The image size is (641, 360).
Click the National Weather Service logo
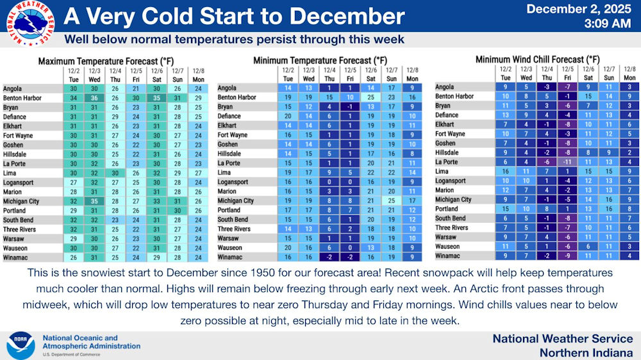tap(30, 23)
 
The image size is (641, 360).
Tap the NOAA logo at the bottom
tap(21, 346)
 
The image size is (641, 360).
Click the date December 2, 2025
tap(578, 8)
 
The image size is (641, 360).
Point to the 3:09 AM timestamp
tap(608, 24)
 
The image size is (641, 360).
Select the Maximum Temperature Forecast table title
tap(106, 61)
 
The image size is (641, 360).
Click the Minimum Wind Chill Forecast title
tap(537, 60)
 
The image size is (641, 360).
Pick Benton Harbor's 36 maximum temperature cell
tap(94, 98)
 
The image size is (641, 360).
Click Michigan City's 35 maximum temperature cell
tap(94, 201)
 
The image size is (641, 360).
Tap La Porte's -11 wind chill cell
tap(568, 162)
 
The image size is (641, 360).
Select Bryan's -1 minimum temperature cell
tap(350, 106)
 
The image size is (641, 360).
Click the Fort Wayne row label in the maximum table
tap(18, 136)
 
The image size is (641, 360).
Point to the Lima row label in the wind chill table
tap(441, 171)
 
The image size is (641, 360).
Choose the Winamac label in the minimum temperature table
tap(229, 257)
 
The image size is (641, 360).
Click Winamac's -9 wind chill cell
tap(568, 256)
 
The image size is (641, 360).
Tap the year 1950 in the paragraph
tap(263, 272)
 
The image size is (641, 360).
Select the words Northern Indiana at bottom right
tap(587, 353)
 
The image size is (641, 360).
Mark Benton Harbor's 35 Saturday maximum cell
tap(156, 98)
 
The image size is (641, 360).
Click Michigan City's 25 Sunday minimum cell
tap(391, 200)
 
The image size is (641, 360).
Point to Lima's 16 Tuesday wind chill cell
tap(506, 171)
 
